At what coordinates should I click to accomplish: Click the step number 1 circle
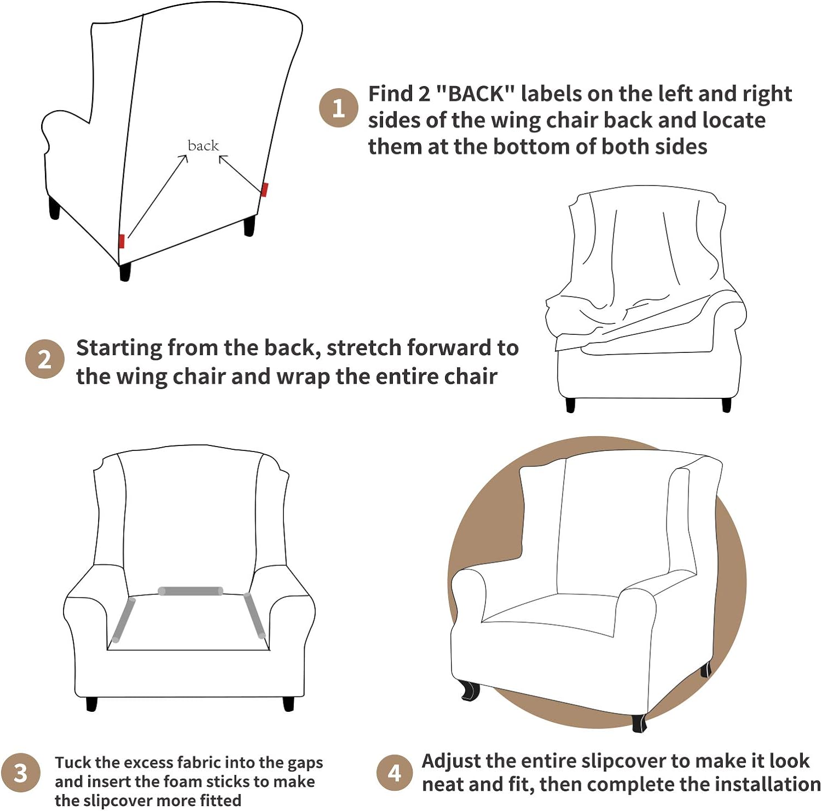tap(339, 108)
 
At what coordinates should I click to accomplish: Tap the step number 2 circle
tap(45, 359)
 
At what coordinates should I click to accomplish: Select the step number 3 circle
tap(20, 773)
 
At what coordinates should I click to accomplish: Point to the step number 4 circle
tap(395, 773)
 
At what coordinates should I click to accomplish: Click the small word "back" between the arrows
tap(203, 145)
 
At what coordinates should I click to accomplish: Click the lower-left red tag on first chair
tap(122, 241)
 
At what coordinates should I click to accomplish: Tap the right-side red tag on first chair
tap(264, 190)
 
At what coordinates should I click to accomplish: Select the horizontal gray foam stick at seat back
tap(190, 591)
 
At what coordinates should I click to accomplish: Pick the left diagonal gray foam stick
tap(123, 620)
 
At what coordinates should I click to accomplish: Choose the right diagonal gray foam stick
tap(255, 615)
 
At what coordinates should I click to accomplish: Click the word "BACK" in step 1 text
tap(476, 94)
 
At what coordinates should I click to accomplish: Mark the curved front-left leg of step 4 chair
tap(469, 690)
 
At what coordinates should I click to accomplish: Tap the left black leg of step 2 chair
tap(570, 405)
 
